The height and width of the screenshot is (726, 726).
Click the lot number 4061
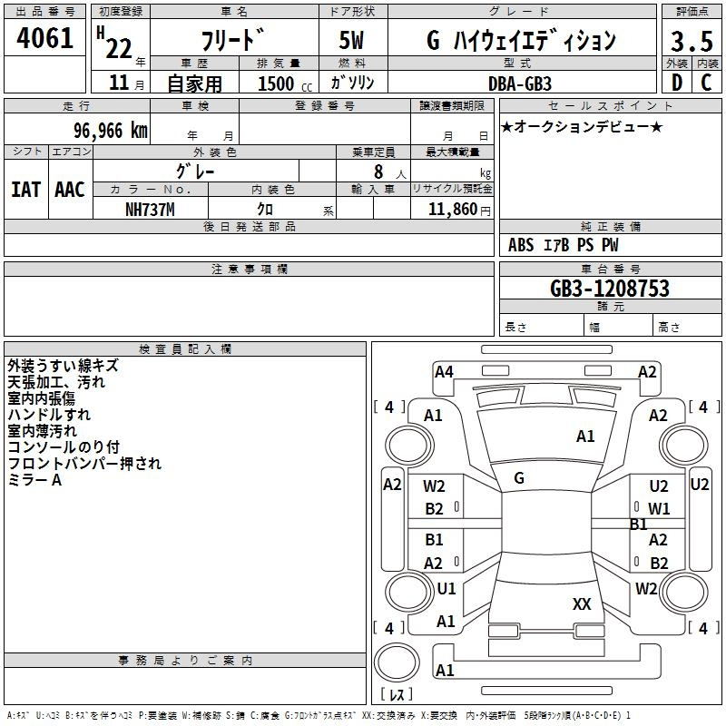[44, 38]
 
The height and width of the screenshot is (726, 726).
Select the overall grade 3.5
[692, 42]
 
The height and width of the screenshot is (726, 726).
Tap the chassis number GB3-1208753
[610, 289]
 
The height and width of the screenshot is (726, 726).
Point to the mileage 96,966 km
[111, 131]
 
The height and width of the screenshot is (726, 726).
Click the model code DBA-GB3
[520, 83]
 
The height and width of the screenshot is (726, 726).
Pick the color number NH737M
[150, 210]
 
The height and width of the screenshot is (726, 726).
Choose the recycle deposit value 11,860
[453, 210]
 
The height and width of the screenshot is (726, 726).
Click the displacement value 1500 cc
[285, 83]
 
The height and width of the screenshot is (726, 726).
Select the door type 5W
[351, 40]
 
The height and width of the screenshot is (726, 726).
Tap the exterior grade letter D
[677, 83]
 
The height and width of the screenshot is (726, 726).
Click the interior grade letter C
[706, 83]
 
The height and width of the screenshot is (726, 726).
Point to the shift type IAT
[26, 190]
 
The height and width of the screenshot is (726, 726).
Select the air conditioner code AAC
[70, 190]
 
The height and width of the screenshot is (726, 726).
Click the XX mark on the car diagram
[582, 604]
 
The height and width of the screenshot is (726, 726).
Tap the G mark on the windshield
[519, 478]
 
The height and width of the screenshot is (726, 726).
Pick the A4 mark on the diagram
[444, 372]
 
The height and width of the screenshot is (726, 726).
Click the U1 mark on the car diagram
[446, 589]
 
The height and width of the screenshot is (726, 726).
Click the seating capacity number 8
[378, 172]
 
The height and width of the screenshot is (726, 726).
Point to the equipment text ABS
[521, 245]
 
